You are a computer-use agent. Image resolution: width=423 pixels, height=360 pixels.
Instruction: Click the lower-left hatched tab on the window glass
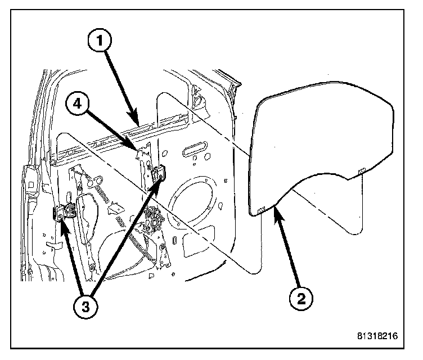click(260, 210)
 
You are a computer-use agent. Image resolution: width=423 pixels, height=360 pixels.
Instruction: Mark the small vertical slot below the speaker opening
click(176, 240)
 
